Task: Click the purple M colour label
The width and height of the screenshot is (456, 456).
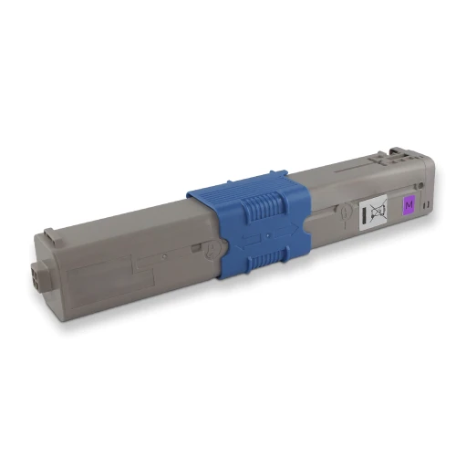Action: pos(409,205)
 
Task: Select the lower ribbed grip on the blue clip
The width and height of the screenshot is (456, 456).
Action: pos(267,259)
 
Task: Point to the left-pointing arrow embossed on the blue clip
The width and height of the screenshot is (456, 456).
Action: pos(248,240)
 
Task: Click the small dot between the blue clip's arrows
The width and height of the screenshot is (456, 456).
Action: pos(267,235)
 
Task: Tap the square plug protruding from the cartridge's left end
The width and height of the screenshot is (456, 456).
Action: pos(38,275)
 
